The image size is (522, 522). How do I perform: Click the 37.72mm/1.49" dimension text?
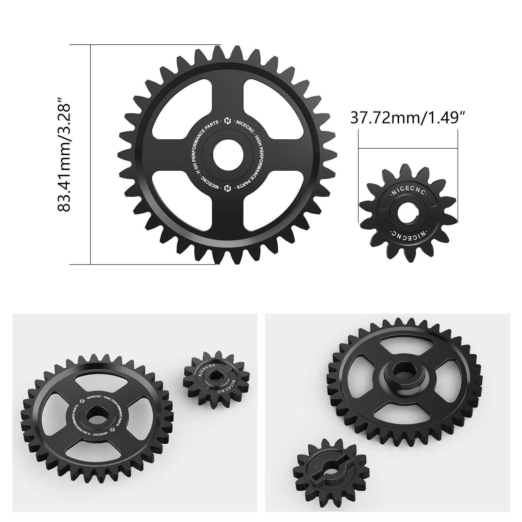(407, 117)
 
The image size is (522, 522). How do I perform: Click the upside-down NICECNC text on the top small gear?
(408, 234)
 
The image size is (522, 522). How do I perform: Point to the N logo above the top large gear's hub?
(227, 121)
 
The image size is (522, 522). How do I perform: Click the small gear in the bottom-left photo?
(214, 380)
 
